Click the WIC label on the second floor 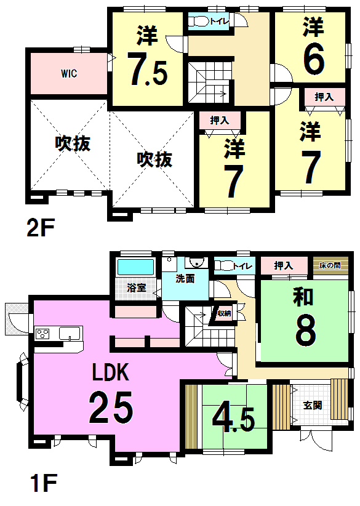pos(68,73)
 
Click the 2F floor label pos(41,228)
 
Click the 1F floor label pos(41,486)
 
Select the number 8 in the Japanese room pos(305,331)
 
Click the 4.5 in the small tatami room pos(233,418)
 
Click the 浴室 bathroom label pos(135,287)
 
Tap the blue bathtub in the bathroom pos(135,268)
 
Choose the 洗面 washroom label pos(185,278)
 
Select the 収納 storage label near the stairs pos(223,313)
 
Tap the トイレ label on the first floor pos(242,267)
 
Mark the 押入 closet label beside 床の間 pos(283,266)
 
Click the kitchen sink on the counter pos(70,334)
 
